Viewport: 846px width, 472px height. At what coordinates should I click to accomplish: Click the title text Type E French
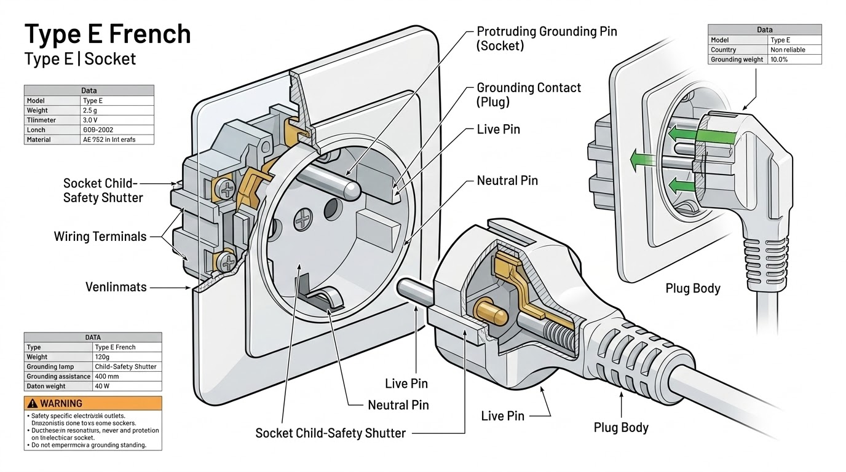(107, 34)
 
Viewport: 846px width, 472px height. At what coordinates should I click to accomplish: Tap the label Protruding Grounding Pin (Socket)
(547, 38)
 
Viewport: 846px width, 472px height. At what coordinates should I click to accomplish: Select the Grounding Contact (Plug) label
(528, 95)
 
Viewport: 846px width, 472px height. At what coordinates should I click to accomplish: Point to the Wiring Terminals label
(100, 237)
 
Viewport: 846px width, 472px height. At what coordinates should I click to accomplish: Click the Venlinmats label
(116, 286)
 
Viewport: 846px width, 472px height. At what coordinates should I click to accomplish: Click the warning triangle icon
(33, 404)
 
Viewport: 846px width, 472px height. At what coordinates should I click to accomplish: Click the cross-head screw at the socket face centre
(303, 218)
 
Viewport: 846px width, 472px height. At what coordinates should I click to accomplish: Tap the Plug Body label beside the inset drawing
(692, 288)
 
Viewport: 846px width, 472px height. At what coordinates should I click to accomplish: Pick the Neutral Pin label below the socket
(398, 405)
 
